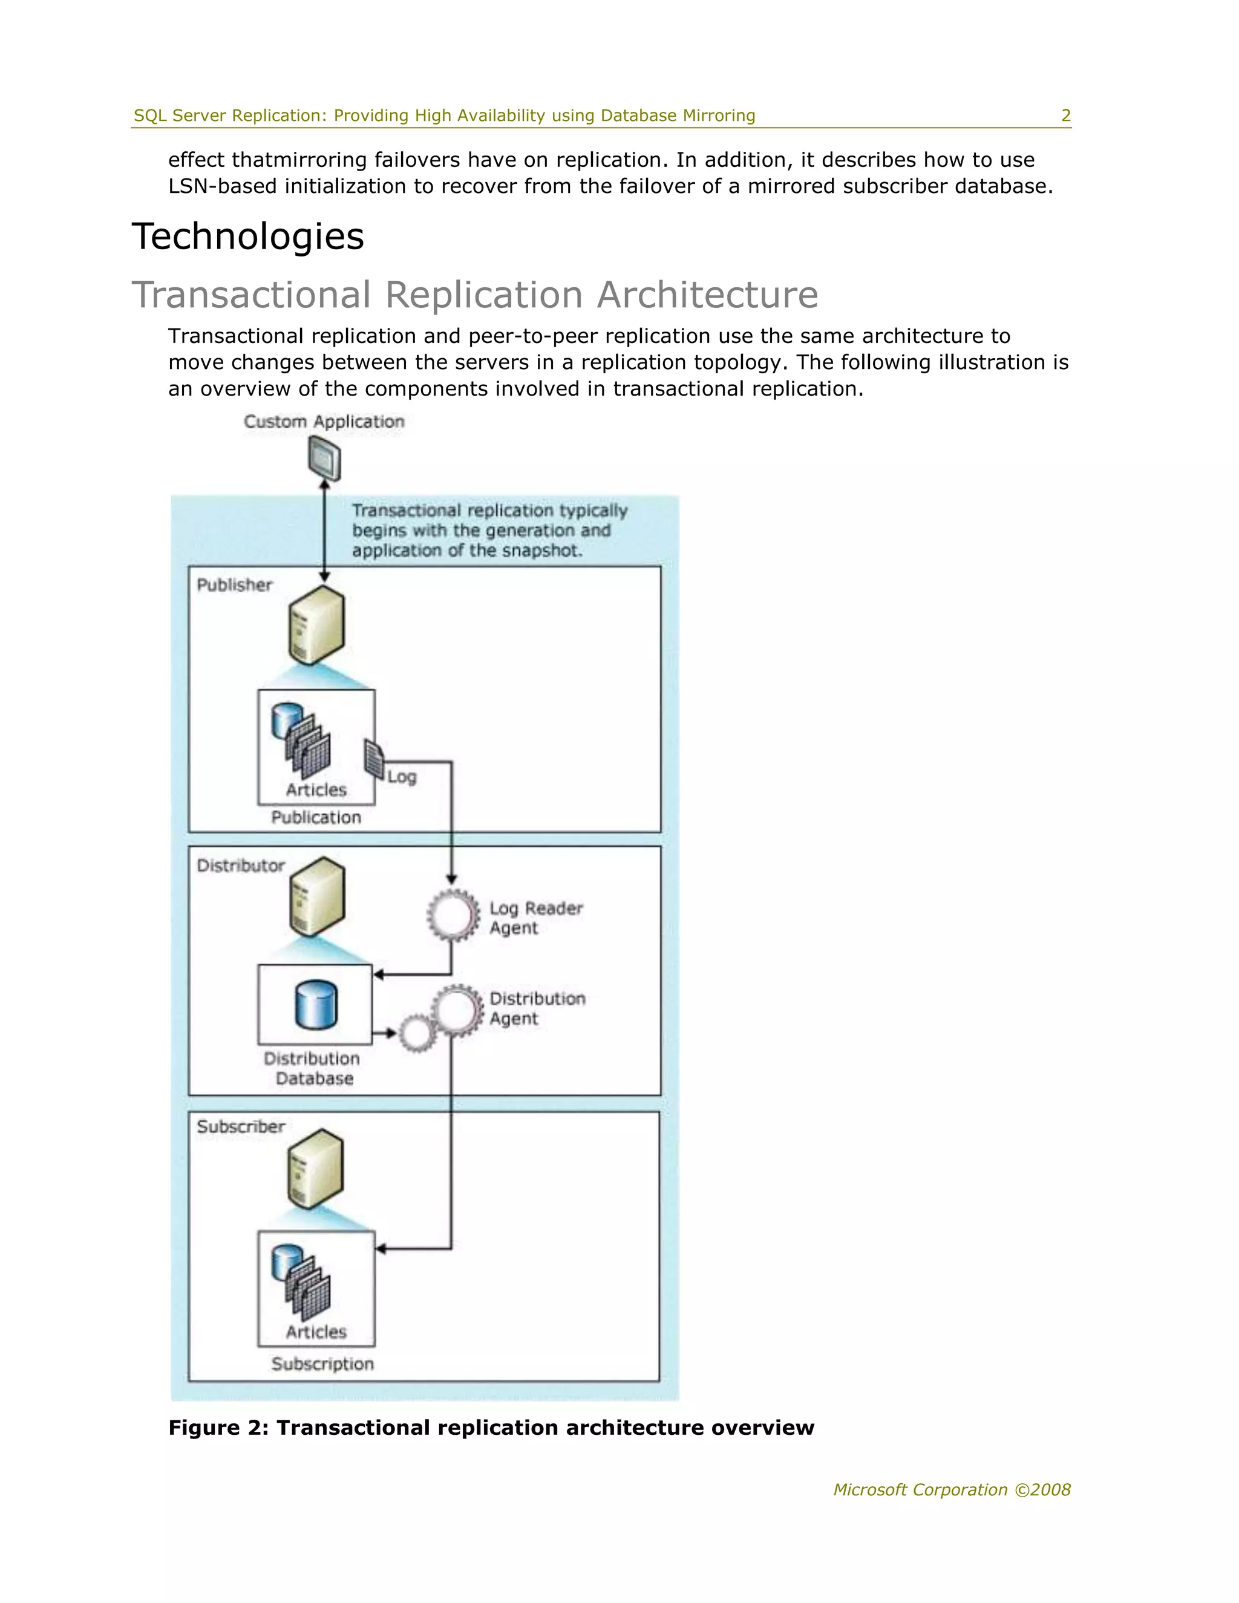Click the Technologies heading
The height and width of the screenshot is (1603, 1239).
(x=247, y=237)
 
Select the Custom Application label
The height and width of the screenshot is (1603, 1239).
(x=324, y=421)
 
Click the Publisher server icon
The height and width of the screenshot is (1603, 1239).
(x=316, y=625)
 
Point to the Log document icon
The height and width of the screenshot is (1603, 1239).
(x=374, y=759)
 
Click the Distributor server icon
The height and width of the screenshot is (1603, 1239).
(x=316, y=897)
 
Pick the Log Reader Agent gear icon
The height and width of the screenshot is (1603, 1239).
(x=452, y=915)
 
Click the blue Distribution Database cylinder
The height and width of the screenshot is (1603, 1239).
(x=316, y=1005)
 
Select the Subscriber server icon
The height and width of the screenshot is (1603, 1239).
(x=316, y=1169)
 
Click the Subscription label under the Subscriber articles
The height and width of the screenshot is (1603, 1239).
(x=322, y=1363)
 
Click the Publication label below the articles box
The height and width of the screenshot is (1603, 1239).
(x=316, y=817)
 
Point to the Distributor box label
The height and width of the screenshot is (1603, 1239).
(x=240, y=866)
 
